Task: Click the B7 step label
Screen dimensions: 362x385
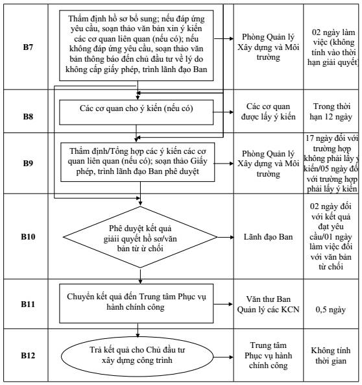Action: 28,47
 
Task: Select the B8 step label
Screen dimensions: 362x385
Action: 28,116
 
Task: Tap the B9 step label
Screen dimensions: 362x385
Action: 28,163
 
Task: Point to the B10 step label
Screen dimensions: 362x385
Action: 28,237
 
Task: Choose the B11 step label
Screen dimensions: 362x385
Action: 28,304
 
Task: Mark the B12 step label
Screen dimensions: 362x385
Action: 28,356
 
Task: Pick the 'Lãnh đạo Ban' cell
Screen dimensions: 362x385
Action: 268,237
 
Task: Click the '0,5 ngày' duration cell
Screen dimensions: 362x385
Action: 331,310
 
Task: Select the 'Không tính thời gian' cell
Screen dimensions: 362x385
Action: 331,356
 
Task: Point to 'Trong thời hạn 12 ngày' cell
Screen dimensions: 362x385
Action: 331,112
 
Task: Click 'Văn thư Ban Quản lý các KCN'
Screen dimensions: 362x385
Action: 268,304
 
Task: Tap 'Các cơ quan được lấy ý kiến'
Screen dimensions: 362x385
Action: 268,112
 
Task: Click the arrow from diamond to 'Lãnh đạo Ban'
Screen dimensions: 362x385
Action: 226,237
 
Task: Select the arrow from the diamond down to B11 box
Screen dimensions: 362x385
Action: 140,276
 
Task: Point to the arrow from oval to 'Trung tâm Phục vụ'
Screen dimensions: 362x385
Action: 223,357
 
